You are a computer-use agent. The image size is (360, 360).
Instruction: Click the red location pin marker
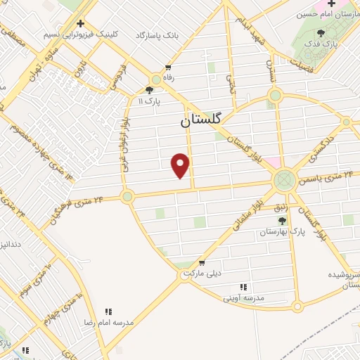[x=181, y=165]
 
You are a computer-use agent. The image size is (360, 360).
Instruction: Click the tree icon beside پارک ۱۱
[x=149, y=90]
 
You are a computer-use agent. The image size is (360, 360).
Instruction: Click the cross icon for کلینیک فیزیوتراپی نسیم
[x=81, y=23]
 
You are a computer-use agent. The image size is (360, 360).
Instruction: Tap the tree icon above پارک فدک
[x=321, y=32]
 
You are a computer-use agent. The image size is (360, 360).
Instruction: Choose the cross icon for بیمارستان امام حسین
[x=332, y=4]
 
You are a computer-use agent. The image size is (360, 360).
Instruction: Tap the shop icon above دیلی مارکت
[x=202, y=262]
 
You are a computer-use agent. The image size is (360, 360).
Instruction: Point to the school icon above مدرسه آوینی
[x=243, y=287]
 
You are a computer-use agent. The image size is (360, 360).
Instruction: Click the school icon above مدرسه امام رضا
[x=108, y=311]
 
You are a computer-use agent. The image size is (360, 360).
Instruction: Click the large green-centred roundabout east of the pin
[x=285, y=181]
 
